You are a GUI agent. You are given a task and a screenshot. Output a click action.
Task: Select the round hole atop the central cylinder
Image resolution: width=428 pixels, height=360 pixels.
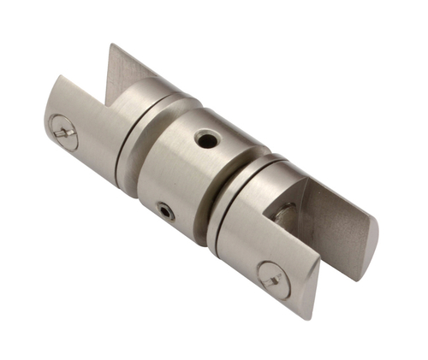point(205,138)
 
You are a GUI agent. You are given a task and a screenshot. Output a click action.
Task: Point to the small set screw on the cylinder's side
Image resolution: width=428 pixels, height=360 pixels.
point(165,210)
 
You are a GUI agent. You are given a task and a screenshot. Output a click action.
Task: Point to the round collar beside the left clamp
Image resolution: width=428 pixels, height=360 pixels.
point(146,111)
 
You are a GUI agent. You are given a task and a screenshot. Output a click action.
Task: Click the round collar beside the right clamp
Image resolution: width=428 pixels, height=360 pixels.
point(244,205)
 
